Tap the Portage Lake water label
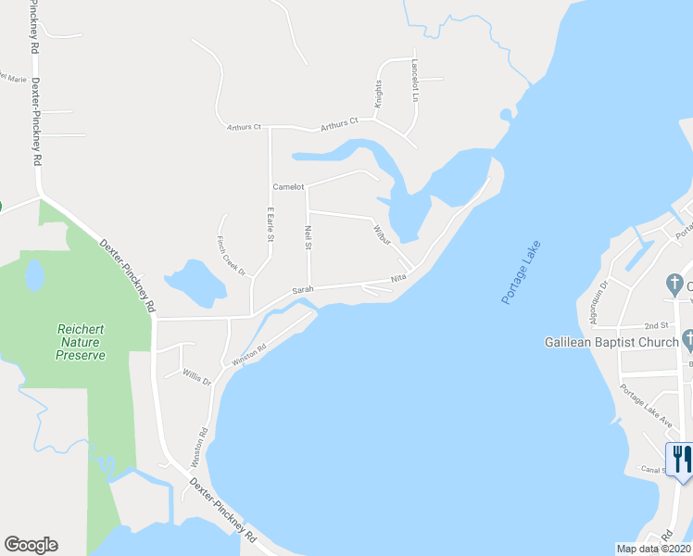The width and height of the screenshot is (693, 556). click(521, 273)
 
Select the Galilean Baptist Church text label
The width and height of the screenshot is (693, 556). click(611, 342)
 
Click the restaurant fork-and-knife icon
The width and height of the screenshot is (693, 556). click(679, 457)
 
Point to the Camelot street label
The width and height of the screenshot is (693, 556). click(288, 187)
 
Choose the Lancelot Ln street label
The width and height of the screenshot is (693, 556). click(416, 81)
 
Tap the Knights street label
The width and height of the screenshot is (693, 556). click(378, 96)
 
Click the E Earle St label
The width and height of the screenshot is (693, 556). click(271, 226)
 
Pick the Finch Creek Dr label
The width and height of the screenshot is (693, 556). click(231, 256)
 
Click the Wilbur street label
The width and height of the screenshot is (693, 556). click(383, 234)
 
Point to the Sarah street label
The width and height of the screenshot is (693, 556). click(304, 289)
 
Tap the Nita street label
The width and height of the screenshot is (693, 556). click(399, 278)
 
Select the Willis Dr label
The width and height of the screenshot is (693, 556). click(196, 378)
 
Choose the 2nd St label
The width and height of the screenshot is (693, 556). click(656, 326)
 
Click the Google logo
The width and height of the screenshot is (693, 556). click(31, 545)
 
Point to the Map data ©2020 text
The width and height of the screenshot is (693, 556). click(653, 549)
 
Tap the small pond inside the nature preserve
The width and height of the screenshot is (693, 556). click(34, 274)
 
